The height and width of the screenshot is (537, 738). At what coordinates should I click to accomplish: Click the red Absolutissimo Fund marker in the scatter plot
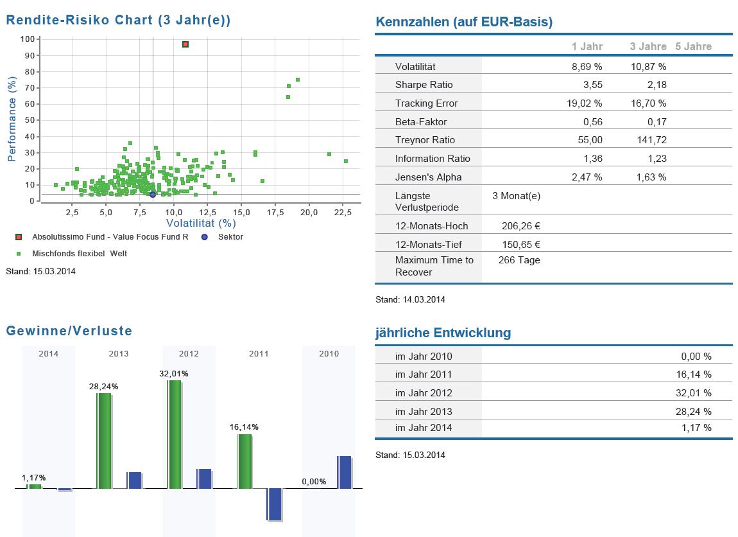pos(185,44)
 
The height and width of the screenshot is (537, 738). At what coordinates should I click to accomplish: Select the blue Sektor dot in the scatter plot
pos(153,195)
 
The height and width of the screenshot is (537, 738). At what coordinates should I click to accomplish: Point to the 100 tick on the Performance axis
pos(28,39)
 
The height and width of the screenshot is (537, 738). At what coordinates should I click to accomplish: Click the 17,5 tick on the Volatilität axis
pos(275,213)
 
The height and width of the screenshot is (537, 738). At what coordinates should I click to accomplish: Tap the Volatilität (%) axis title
pos(201,224)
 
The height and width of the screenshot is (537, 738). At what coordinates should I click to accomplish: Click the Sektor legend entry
pos(230,237)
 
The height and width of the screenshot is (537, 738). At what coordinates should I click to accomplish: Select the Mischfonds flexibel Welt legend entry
pos(79,254)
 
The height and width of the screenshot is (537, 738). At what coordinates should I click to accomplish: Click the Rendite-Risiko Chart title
pos(118,20)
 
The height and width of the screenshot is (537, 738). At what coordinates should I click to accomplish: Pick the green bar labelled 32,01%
pos(175,434)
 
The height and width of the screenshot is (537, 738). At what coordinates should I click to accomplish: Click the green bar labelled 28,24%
pos(104,441)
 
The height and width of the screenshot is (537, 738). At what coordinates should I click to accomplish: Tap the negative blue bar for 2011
pos(275,504)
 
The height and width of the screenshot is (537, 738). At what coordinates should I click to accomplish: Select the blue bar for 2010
pos(344,472)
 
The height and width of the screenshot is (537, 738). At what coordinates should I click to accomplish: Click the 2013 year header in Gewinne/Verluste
pos(119,354)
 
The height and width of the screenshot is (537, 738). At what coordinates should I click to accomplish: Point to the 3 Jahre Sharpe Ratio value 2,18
pos(657,85)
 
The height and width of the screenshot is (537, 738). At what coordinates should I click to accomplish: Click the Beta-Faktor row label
pos(421,122)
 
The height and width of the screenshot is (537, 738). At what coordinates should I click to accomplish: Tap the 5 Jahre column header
pos(693,46)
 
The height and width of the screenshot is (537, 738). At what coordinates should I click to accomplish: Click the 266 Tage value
pos(519,260)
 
